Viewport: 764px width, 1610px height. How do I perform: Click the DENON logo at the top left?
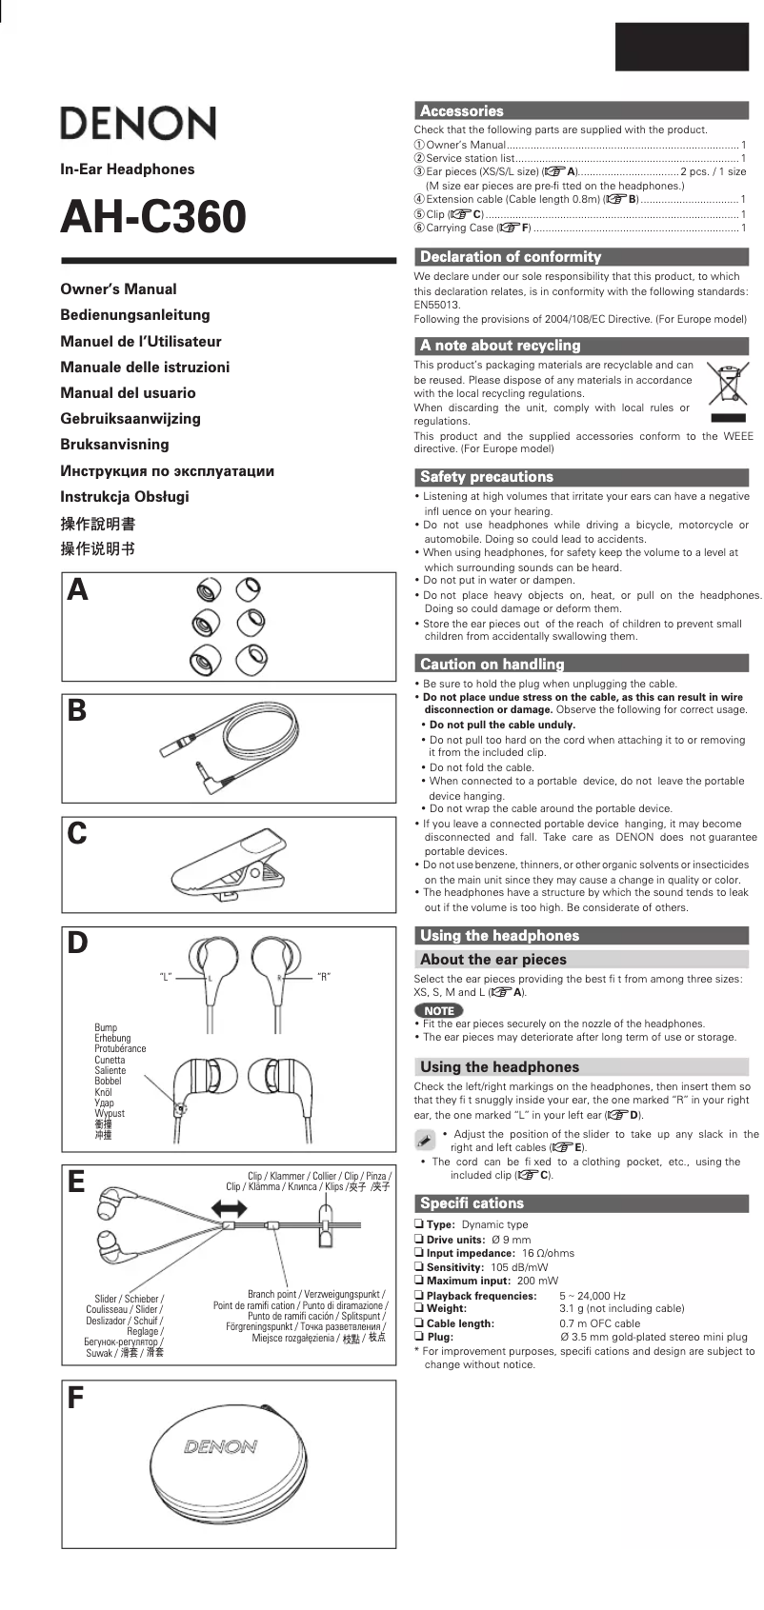[138, 124]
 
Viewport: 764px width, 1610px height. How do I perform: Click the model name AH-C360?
[153, 217]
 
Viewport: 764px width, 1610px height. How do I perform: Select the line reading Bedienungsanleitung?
[135, 315]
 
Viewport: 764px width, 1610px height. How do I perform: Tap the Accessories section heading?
[462, 110]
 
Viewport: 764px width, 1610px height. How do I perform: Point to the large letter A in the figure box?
[78, 591]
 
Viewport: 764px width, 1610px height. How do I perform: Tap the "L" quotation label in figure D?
[165, 977]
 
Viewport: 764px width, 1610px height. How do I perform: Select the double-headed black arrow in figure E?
[229, 1210]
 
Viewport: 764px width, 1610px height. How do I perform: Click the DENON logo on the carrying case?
[221, 1447]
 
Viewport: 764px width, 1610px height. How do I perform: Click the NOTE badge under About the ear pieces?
[439, 1010]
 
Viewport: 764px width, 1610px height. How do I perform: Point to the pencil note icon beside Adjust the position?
[425, 1140]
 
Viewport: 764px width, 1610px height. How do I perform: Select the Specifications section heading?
[472, 1203]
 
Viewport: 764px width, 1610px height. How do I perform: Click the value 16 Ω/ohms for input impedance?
[548, 1254]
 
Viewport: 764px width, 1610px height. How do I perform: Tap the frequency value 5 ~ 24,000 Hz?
[593, 1296]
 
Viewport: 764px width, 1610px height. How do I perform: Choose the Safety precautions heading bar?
[487, 477]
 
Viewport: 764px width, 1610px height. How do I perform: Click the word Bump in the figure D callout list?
[106, 1027]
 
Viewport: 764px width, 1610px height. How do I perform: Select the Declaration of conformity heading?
[511, 257]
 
